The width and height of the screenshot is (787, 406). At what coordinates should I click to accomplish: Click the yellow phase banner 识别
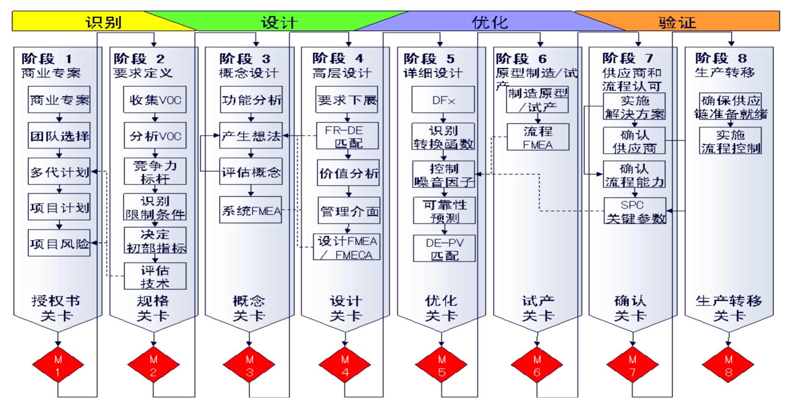click(103, 22)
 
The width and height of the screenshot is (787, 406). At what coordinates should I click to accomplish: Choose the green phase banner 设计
click(279, 22)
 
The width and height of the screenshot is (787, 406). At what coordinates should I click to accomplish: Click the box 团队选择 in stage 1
click(59, 136)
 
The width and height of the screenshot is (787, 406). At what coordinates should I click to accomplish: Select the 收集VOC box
click(155, 100)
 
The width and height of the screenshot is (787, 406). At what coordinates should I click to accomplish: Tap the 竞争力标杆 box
click(155, 172)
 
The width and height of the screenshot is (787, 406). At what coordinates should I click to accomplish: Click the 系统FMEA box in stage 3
click(251, 210)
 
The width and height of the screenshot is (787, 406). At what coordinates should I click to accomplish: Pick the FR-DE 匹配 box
click(347, 136)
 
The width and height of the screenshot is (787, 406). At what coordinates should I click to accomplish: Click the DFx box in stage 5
click(443, 100)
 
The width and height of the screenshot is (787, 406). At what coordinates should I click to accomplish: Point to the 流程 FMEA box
click(538, 137)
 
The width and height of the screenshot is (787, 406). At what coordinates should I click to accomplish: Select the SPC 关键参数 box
click(635, 211)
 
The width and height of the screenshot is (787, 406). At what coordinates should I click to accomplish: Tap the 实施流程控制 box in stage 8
click(730, 141)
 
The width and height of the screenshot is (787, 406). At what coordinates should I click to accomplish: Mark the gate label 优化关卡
click(441, 308)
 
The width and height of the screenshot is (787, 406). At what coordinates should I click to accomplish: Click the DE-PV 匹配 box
click(444, 249)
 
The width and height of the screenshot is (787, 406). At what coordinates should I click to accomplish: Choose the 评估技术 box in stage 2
click(155, 276)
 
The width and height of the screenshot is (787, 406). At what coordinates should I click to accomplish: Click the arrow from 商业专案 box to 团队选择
click(59, 117)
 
